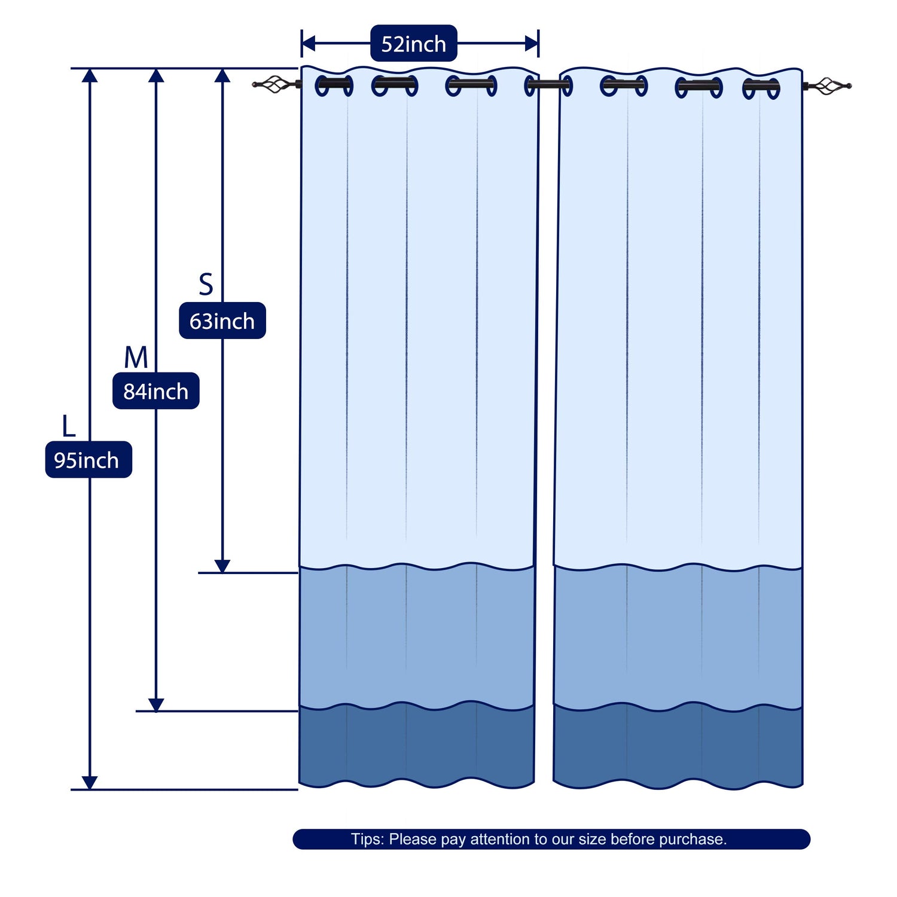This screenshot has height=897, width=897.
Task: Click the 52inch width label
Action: (414, 44)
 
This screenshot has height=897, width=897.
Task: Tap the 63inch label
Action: (222, 321)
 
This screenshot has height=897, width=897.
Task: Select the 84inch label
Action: (156, 391)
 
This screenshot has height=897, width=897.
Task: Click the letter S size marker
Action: (206, 285)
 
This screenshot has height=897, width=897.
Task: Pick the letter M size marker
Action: (136, 358)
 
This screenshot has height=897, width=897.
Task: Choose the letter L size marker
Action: (69, 426)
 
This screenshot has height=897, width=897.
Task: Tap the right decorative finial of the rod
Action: (828, 86)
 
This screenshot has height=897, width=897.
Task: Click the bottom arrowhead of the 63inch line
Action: (222, 566)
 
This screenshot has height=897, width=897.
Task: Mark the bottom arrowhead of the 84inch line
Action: (156, 705)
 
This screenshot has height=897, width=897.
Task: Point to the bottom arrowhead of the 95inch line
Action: (90, 783)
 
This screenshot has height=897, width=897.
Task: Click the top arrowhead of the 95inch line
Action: (90, 75)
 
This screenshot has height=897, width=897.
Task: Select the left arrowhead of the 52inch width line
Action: (309, 43)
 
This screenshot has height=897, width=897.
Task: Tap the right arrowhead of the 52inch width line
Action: (532, 43)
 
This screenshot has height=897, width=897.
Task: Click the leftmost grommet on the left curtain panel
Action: (334, 86)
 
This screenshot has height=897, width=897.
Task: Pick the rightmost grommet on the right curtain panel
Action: (761, 89)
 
